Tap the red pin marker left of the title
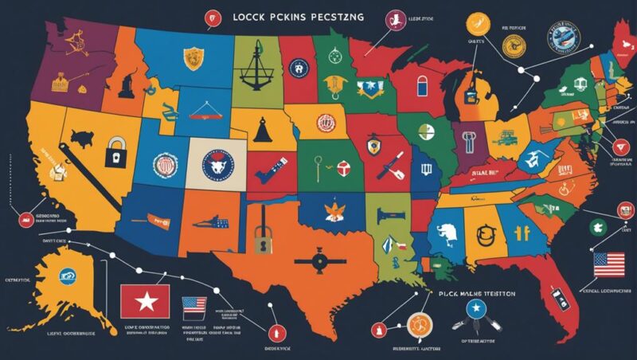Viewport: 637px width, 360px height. click(x=212, y=16)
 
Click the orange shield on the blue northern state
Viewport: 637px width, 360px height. click(x=191, y=57)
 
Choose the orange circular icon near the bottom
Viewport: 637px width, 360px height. click(x=417, y=323)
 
